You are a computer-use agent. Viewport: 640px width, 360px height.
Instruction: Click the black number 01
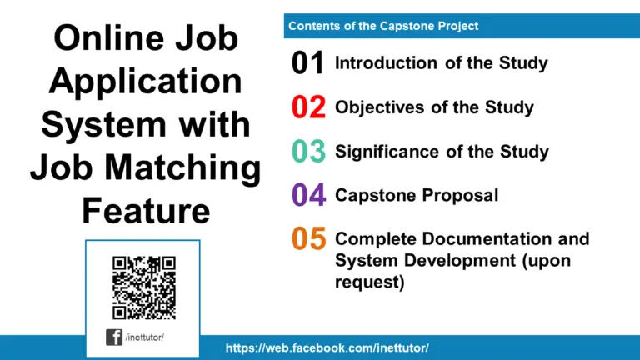pyautogui.click(x=307, y=64)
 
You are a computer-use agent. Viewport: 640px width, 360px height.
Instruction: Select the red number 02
pyautogui.click(x=307, y=108)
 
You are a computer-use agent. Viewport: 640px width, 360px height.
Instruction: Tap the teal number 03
pyautogui.click(x=307, y=152)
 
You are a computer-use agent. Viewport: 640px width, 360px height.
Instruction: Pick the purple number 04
pyautogui.click(x=307, y=196)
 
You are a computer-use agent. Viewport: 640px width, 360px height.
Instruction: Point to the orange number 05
pyautogui.click(x=307, y=240)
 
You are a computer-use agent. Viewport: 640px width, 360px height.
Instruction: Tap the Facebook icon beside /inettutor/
pyautogui.click(x=114, y=337)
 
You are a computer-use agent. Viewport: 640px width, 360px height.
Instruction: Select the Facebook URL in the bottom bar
pyautogui.click(x=327, y=347)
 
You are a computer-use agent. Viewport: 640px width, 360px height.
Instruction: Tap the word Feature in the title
pyautogui.click(x=145, y=212)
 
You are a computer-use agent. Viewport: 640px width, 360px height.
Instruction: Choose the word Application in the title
pyautogui.click(x=145, y=83)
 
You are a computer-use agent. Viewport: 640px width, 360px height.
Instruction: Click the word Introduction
pyautogui.click(x=386, y=63)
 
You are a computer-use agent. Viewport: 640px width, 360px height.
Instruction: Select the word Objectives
pyautogui.click(x=380, y=107)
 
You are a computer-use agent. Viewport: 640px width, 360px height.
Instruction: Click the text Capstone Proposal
pyautogui.click(x=417, y=196)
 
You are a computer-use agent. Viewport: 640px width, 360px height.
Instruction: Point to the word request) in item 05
pyautogui.click(x=369, y=282)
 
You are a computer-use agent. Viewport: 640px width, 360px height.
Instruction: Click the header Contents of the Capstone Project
pyautogui.click(x=383, y=26)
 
